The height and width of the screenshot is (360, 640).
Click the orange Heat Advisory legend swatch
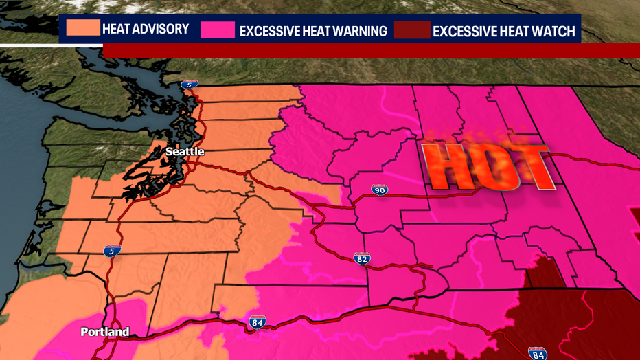[x=82, y=29]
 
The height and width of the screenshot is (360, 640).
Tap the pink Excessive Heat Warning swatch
[x=218, y=30]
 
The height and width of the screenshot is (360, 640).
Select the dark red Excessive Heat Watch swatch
[x=412, y=30]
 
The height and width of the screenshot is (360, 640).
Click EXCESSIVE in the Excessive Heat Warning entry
[x=273, y=31]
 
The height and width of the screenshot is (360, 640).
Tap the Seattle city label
[x=185, y=151]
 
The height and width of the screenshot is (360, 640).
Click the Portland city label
[x=104, y=332]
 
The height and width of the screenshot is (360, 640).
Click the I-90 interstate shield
[x=379, y=190]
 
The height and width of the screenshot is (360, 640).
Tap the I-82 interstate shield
[x=362, y=258]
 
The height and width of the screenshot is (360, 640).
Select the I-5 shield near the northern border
[x=190, y=85]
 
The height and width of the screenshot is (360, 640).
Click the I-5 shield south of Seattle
[x=113, y=251]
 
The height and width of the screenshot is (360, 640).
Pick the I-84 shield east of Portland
[x=257, y=322]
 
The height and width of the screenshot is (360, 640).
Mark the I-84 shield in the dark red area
[x=538, y=354]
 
